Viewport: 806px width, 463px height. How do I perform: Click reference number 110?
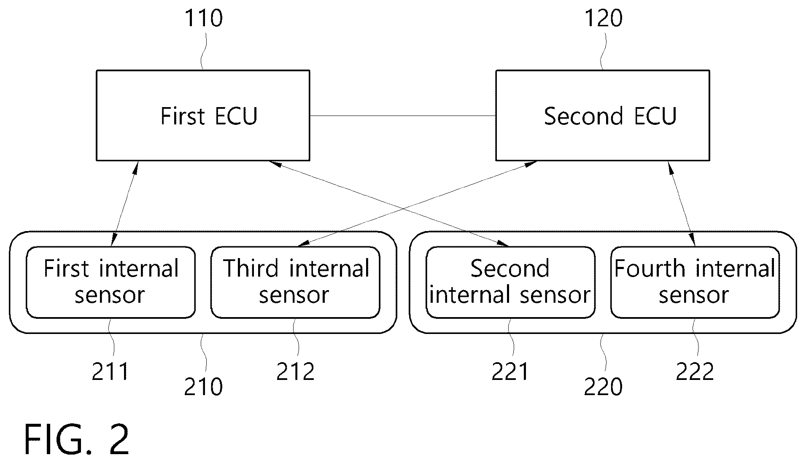click(204, 19)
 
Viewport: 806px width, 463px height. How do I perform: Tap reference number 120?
click(603, 19)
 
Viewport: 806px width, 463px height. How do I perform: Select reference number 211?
click(110, 372)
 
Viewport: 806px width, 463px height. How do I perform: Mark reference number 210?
click(203, 387)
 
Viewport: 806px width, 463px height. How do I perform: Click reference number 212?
click(295, 372)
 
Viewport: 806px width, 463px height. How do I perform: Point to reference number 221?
click(510, 372)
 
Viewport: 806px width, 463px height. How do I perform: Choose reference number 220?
click(603, 387)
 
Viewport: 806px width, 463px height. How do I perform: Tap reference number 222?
click(695, 372)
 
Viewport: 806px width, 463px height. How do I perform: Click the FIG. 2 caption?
click(77, 439)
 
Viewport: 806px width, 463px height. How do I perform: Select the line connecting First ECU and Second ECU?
click(403, 116)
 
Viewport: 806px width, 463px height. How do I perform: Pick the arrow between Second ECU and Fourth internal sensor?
click(681, 203)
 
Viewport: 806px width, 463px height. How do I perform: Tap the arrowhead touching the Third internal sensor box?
click(303, 244)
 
